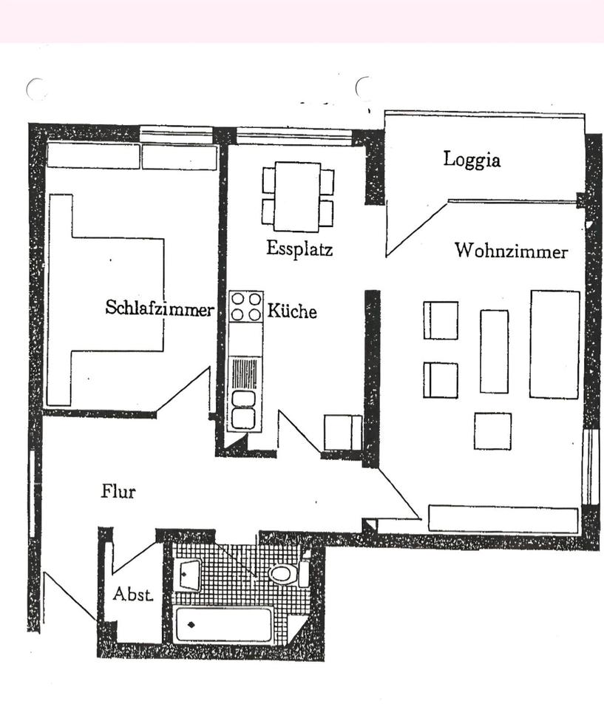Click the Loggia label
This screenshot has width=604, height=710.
pos(472,160)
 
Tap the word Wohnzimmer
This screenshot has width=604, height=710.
pos(511,251)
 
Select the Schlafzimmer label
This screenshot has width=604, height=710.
pos(159,308)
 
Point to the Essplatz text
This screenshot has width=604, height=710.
pos(299,248)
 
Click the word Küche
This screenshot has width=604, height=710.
pos(292,311)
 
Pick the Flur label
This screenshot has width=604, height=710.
pos(118,490)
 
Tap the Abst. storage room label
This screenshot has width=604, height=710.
pos(133,594)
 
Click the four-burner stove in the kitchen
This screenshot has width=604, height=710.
pos(246,306)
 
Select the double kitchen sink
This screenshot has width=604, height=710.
pos(243,409)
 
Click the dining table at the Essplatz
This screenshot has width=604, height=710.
pos(297,196)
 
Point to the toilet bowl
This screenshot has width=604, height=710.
pos(282,573)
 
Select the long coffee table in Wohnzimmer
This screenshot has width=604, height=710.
pos(494,351)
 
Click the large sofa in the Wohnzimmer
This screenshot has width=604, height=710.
pos(554,344)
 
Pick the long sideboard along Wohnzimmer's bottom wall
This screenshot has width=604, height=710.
pos(503,518)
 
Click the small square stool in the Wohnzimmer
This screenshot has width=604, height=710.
pos(492,431)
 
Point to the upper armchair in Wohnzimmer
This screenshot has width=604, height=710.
pos(441,320)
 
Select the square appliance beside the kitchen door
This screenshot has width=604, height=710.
pos(343,433)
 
